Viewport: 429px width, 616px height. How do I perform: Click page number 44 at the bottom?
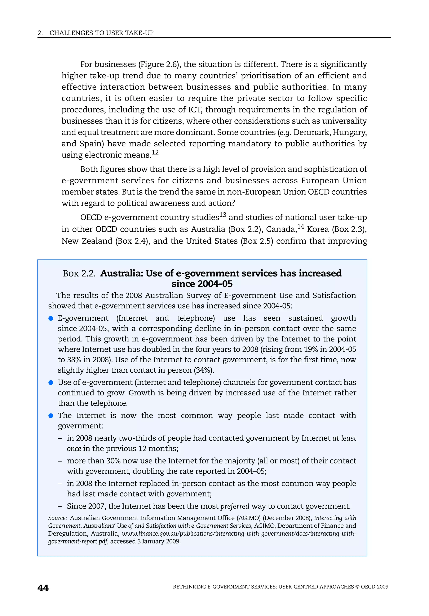pyautogui.click(x=43, y=588)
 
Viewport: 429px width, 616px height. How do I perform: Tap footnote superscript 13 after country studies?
pyautogui.click(x=223, y=215)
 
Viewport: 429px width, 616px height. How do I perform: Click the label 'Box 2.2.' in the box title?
pyautogui.click(x=79, y=273)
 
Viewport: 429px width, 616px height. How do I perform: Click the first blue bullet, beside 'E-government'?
pyautogui.click(x=51, y=318)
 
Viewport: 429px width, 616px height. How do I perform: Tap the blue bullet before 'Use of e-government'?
pyautogui.click(x=51, y=383)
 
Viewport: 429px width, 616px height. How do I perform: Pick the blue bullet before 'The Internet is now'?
pyautogui.click(x=51, y=416)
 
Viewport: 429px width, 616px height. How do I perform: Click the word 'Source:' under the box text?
pyautogui.click(x=57, y=518)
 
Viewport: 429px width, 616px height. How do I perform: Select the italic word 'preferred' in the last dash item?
pyautogui.click(x=235, y=506)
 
